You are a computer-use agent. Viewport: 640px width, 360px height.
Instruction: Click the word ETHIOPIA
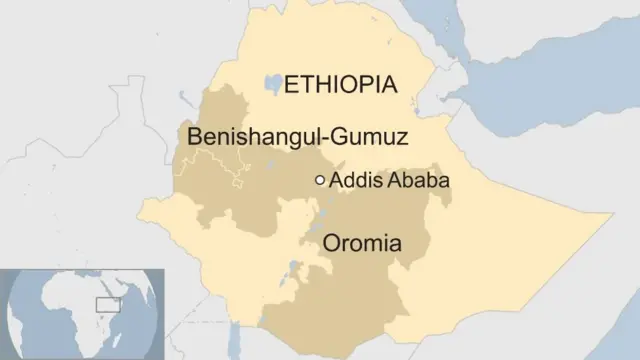click(x=341, y=84)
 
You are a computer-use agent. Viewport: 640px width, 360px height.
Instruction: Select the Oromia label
click(x=361, y=243)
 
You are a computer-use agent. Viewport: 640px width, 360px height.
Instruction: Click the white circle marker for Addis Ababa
click(x=320, y=181)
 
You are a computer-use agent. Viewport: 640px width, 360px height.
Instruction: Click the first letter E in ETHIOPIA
click(x=291, y=84)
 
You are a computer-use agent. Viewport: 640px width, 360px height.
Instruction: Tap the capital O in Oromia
click(x=331, y=243)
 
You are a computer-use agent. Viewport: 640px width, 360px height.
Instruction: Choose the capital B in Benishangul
click(x=182, y=134)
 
